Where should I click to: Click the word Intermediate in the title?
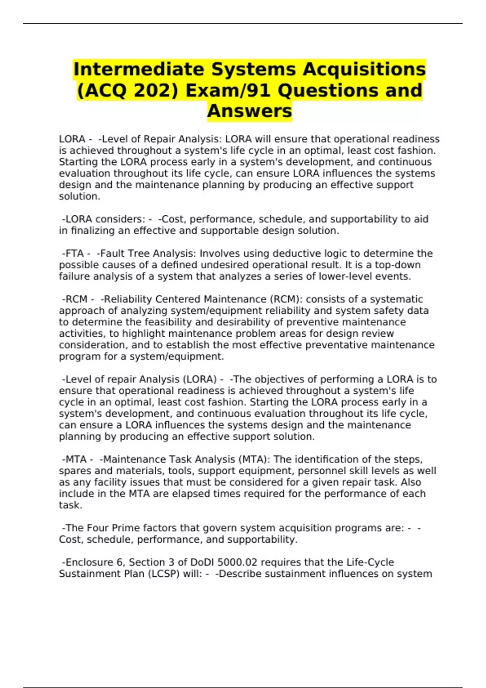[x=139, y=69]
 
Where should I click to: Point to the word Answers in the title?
[x=249, y=111]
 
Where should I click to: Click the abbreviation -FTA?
[x=73, y=253]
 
